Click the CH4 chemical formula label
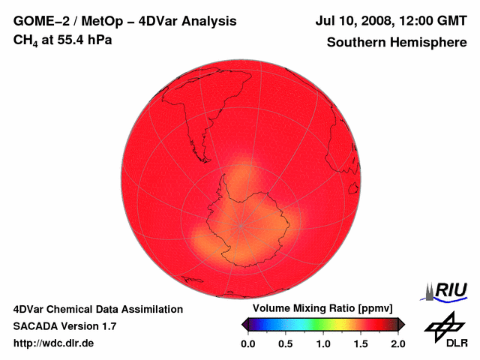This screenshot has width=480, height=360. tap(26, 40)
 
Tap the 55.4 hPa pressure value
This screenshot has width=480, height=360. tap(81, 39)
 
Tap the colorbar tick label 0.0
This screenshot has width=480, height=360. tap(247, 343)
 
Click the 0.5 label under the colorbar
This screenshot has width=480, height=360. tap(285, 343)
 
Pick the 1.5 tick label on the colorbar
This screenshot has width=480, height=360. tap(361, 343)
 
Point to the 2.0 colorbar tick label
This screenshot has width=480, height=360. tap(397, 343)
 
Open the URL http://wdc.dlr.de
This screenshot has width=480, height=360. tap(54, 343)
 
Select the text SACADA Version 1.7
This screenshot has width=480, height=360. tap(64, 326)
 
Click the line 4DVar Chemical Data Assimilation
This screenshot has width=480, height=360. tap(98, 309)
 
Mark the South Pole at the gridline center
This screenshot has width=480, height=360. tap(241, 224)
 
